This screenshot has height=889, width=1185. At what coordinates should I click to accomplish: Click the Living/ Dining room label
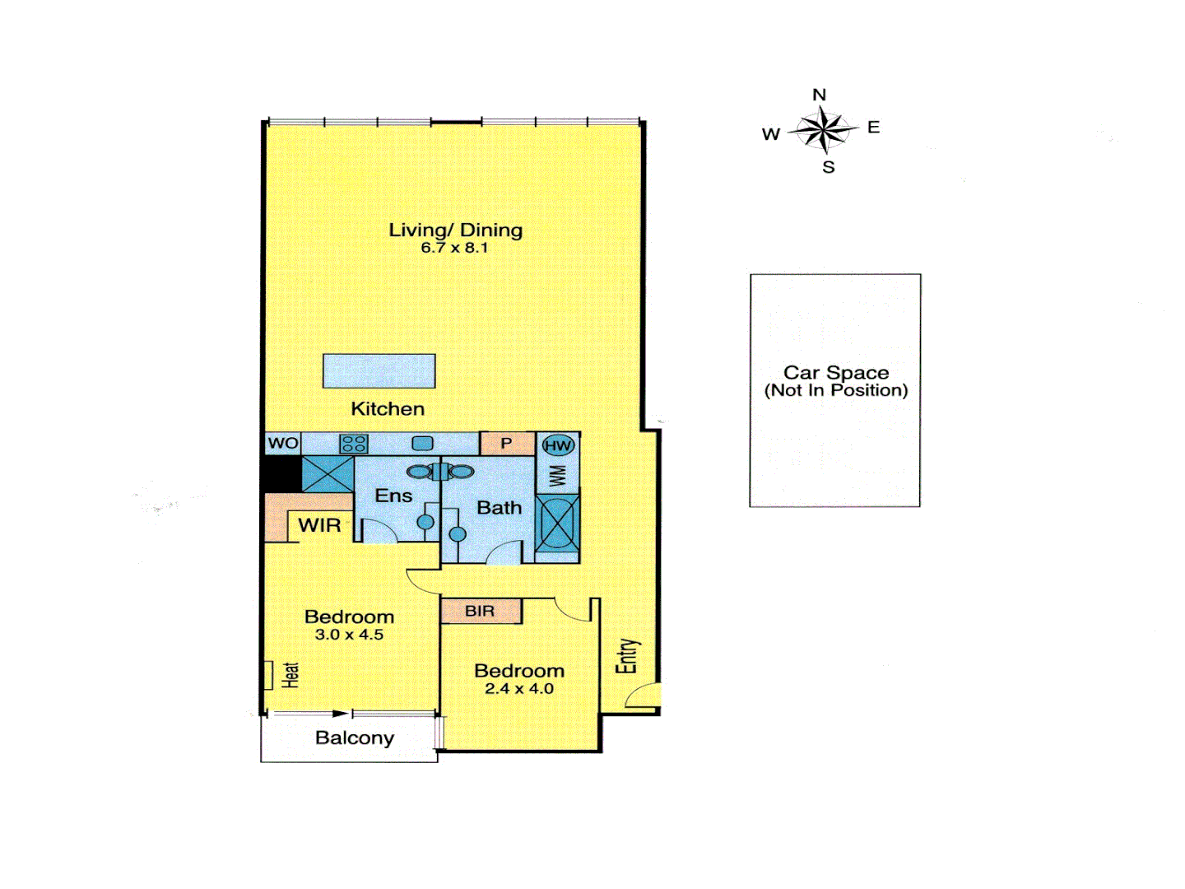tap(455, 230)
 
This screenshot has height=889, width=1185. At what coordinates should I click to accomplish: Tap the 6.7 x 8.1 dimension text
tap(454, 248)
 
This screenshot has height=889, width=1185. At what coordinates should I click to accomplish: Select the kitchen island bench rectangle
tap(379, 371)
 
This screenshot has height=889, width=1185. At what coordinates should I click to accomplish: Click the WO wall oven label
tap(283, 443)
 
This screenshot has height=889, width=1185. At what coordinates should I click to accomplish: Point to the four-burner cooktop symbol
tap(354, 444)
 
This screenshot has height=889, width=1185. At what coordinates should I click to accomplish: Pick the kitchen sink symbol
tap(422, 444)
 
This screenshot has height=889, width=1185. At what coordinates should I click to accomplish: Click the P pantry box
tap(507, 444)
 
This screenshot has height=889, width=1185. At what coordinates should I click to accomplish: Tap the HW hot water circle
tap(558, 445)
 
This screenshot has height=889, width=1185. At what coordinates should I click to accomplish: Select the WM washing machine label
tap(558, 476)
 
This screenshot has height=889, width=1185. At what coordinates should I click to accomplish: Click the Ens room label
tap(393, 496)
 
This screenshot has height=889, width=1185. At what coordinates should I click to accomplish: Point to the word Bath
tap(500, 508)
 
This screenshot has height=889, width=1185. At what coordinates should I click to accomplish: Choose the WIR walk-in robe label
tap(319, 525)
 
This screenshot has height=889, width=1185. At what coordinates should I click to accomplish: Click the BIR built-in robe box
tap(481, 611)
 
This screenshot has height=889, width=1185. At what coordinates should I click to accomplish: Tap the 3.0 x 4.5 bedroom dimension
tap(349, 635)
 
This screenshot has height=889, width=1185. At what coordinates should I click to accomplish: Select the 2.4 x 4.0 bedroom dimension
tap(519, 689)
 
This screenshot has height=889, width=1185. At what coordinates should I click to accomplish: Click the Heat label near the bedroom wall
tap(290, 675)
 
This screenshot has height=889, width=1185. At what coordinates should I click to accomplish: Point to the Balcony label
tap(355, 738)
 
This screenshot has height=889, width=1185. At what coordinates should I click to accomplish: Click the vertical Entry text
tap(627, 656)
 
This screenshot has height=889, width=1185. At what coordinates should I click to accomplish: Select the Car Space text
tap(836, 373)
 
